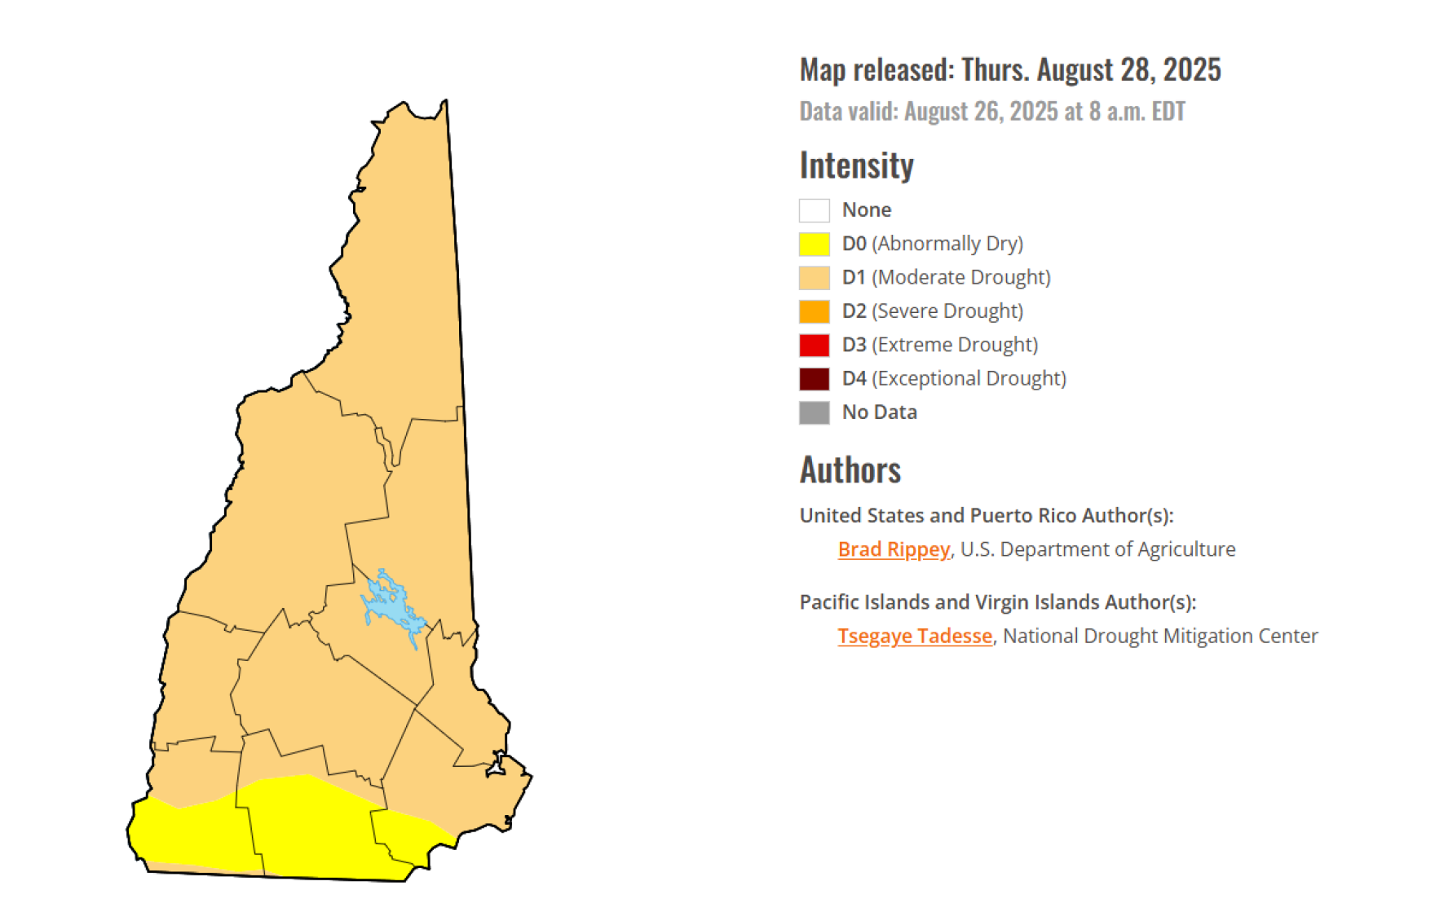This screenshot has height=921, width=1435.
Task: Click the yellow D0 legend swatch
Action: pyautogui.click(x=814, y=244)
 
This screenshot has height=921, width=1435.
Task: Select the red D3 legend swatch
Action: pyautogui.click(x=814, y=345)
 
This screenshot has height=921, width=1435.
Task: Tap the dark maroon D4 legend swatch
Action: pyautogui.click(x=814, y=379)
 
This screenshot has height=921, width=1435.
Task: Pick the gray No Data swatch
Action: pyautogui.click(x=814, y=412)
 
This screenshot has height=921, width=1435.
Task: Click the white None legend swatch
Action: pyautogui.click(x=814, y=210)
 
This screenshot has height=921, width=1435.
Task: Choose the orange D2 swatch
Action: pyautogui.click(x=814, y=311)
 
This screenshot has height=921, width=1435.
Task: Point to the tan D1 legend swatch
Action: pyautogui.click(x=814, y=278)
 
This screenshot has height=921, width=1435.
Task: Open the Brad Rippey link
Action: pyautogui.click(x=894, y=549)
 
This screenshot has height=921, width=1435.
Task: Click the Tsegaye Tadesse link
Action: pyautogui.click(x=914, y=636)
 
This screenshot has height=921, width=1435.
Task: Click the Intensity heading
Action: pyautogui.click(x=856, y=165)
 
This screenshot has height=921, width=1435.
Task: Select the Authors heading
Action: pyautogui.click(x=850, y=470)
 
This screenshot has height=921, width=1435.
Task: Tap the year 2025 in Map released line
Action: pyautogui.click(x=1191, y=70)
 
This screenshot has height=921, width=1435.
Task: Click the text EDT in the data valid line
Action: pyautogui.click(x=1168, y=112)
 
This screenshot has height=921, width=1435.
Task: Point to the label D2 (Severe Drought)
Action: pyautogui.click(x=932, y=311)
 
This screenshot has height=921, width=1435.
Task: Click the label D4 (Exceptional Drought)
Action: pyautogui.click(x=954, y=379)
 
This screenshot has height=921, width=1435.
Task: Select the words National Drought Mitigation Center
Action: pyautogui.click(x=1159, y=636)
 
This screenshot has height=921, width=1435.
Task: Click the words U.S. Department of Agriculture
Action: pyautogui.click(x=1097, y=549)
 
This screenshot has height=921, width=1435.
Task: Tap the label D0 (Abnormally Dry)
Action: pyautogui.click(x=932, y=244)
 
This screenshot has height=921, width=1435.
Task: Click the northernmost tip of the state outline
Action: pyautogui.click(x=445, y=101)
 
